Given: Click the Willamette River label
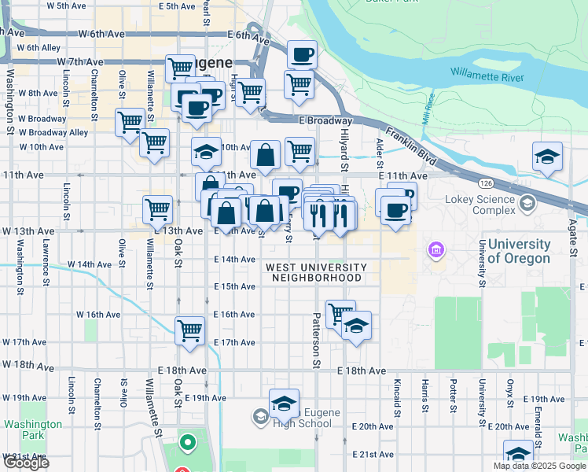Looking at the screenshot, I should point(487,76).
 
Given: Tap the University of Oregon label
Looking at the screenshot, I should point(519,252).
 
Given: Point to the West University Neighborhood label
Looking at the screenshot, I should point(314,272).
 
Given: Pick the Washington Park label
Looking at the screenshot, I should point(32,430).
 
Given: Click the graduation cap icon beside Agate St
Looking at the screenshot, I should point(547,156).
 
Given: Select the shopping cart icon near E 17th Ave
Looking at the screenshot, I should point(190,330).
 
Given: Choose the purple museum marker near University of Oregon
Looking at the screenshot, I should point(435,251).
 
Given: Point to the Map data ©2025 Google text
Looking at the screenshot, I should point(540,466).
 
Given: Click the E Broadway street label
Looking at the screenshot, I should point(325,120).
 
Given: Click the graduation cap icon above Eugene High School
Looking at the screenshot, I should point(284,404).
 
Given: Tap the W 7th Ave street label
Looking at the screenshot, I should point(79,62).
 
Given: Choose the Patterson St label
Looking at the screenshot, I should point(317,341).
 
